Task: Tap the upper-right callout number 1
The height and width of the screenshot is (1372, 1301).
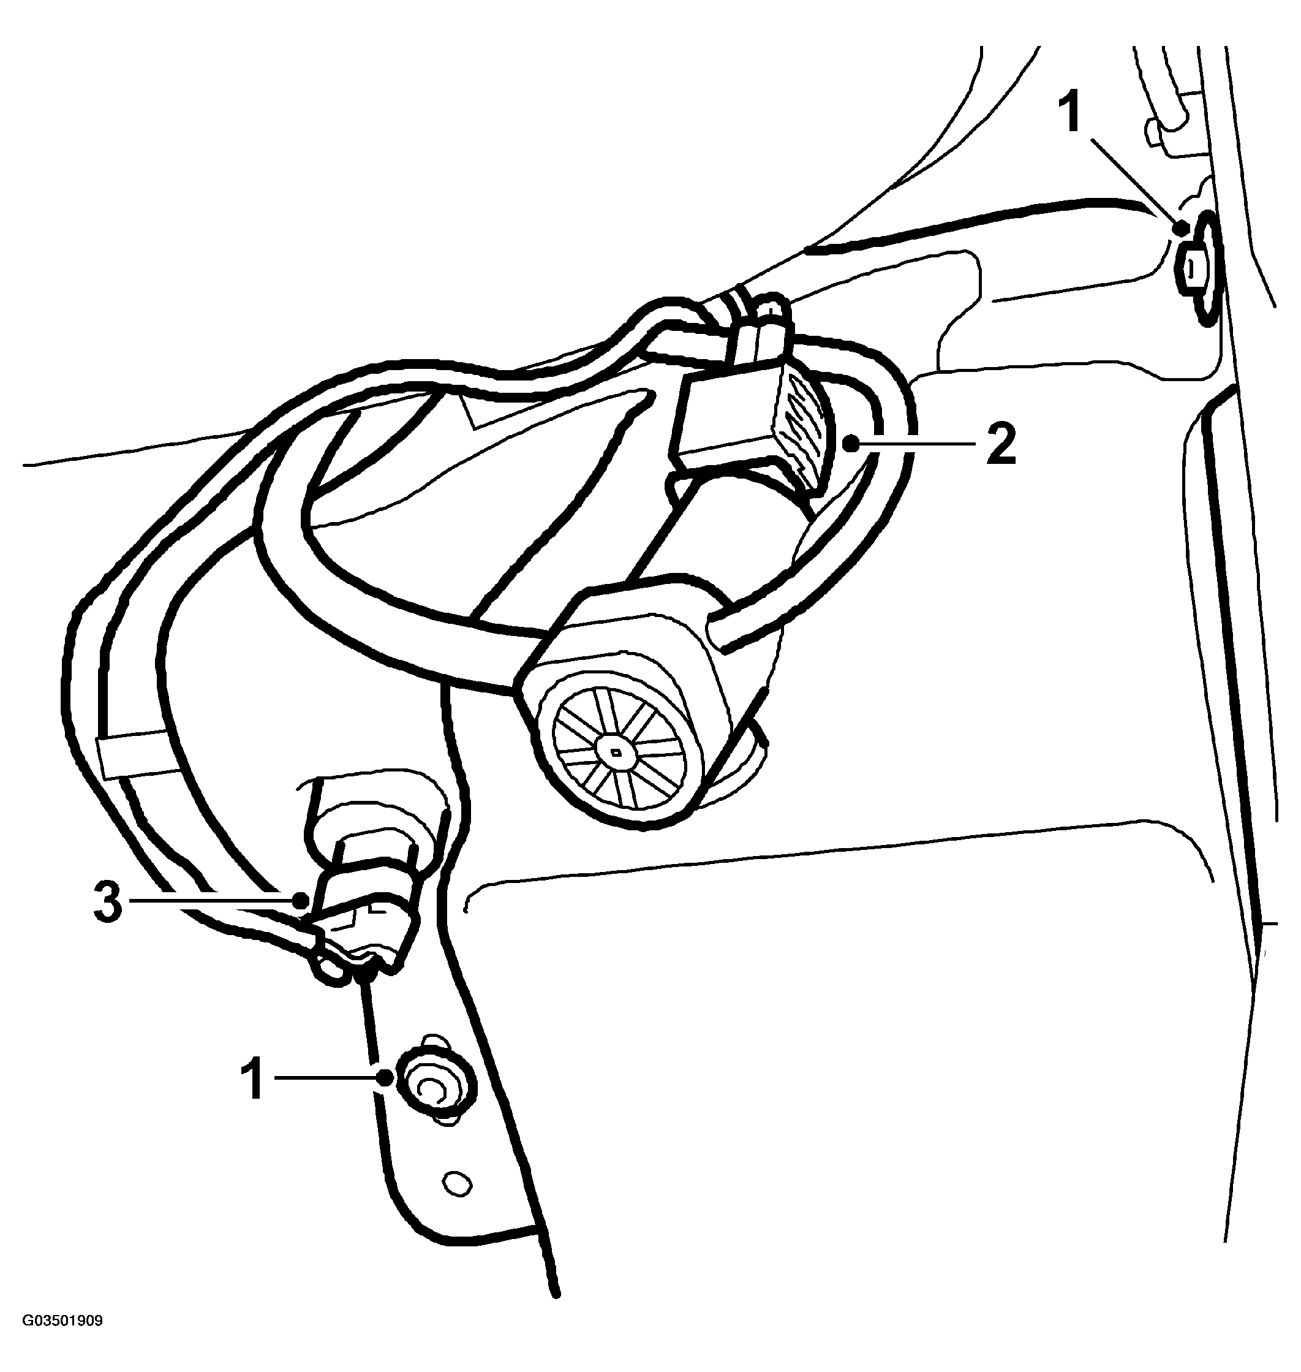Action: click(1072, 114)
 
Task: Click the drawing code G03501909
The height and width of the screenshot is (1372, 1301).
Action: click(62, 1340)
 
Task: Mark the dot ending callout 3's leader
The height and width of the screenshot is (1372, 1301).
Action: click(300, 901)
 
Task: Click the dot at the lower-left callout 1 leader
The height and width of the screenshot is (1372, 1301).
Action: click(383, 1077)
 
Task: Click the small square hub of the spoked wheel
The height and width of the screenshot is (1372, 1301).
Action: click(616, 751)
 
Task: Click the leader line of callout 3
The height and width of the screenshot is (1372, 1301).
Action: click(214, 901)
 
